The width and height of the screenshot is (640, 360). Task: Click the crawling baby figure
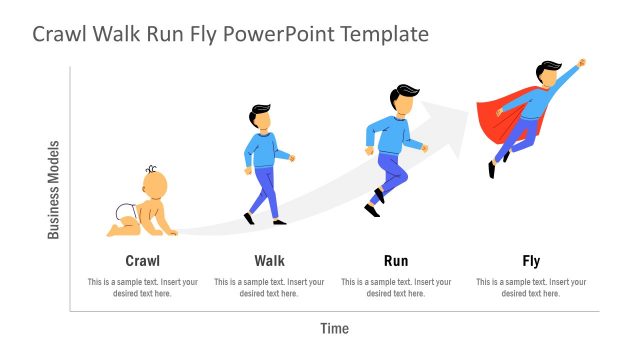144,205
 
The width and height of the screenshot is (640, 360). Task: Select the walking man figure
265,165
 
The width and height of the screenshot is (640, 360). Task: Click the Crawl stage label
143,261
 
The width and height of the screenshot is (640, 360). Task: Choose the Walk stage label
269,261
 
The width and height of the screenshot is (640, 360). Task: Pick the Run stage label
396,261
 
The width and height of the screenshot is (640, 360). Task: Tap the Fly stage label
531,261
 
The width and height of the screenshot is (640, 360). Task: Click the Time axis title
335,328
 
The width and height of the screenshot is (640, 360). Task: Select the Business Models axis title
54,190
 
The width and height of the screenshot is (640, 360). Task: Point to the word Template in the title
385,34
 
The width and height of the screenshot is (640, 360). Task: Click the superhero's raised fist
582,63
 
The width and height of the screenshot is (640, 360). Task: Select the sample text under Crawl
143,287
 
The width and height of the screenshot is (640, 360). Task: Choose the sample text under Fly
531,287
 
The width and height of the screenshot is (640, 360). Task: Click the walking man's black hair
260,109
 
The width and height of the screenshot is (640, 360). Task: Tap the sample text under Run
396,287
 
